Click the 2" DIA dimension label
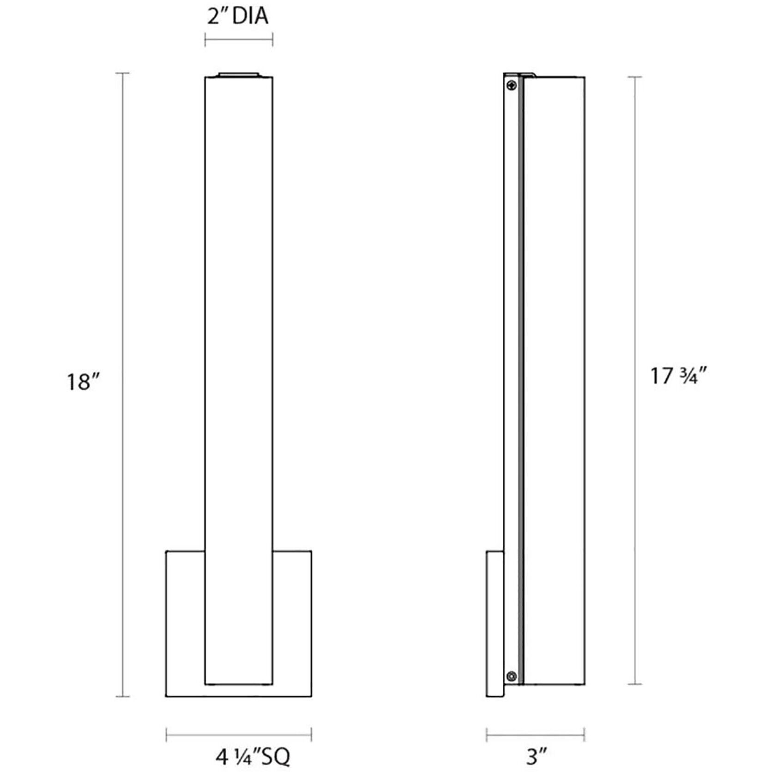pyautogui.click(x=238, y=17)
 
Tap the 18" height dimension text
pyautogui.click(x=83, y=382)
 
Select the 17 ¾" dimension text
pyautogui.click(x=678, y=376)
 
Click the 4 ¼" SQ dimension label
pyautogui.click(x=253, y=756)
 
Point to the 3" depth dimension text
pyautogui.click(x=537, y=756)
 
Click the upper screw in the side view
pyautogui.click(x=512, y=85)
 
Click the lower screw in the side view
pyautogui.click(x=511, y=676)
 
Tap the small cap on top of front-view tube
pyautogui.click(x=239, y=74)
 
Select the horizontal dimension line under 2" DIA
pyautogui.click(x=239, y=40)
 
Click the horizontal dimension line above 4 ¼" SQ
pyautogui.click(x=239, y=735)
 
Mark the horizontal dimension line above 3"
pyautogui.click(x=535, y=735)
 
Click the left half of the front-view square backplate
pyautogui.click(x=185, y=623)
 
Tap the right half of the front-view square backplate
pyautogui.click(x=292, y=623)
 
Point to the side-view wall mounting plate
pyautogui.click(x=495, y=623)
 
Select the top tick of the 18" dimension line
pyautogui.click(x=122, y=73)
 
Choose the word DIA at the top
pyautogui.click(x=250, y=17)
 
